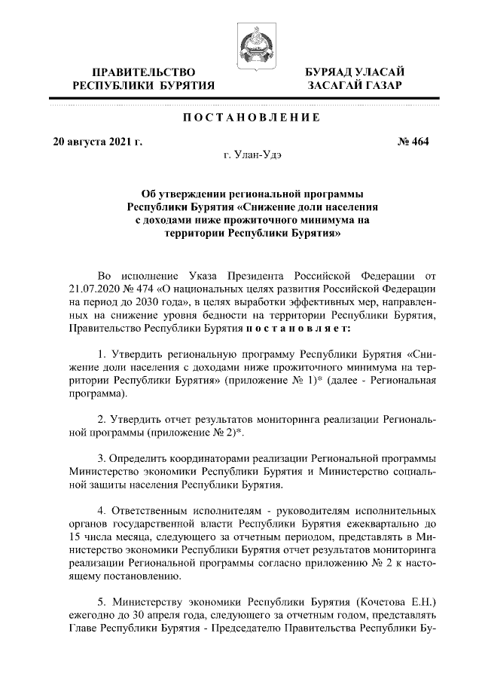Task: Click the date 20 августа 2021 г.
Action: tap(97, 141)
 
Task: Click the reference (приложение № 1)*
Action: tap(307, 381)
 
